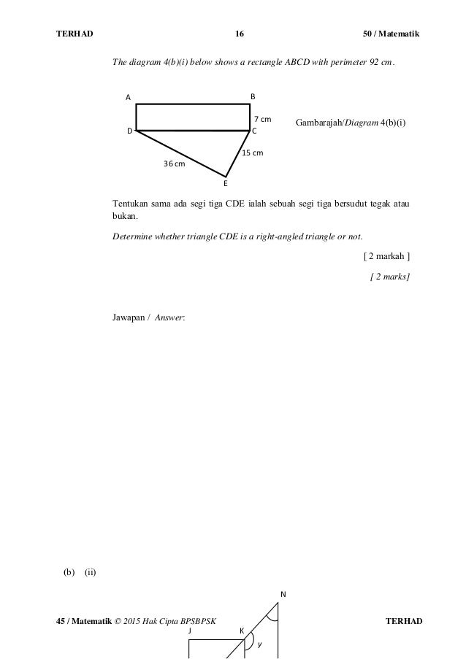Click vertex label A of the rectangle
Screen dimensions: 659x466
click(127, 96)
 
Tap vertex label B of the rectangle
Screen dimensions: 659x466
click(253, 96)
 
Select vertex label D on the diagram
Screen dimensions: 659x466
click(129, 131)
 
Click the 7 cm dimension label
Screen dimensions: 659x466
click(262, 118)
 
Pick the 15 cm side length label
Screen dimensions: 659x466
click(252, 153)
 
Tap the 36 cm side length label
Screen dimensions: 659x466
click(174, 164)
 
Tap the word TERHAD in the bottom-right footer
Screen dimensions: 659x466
click(403, 620)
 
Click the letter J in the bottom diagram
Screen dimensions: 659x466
click(189, 630)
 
